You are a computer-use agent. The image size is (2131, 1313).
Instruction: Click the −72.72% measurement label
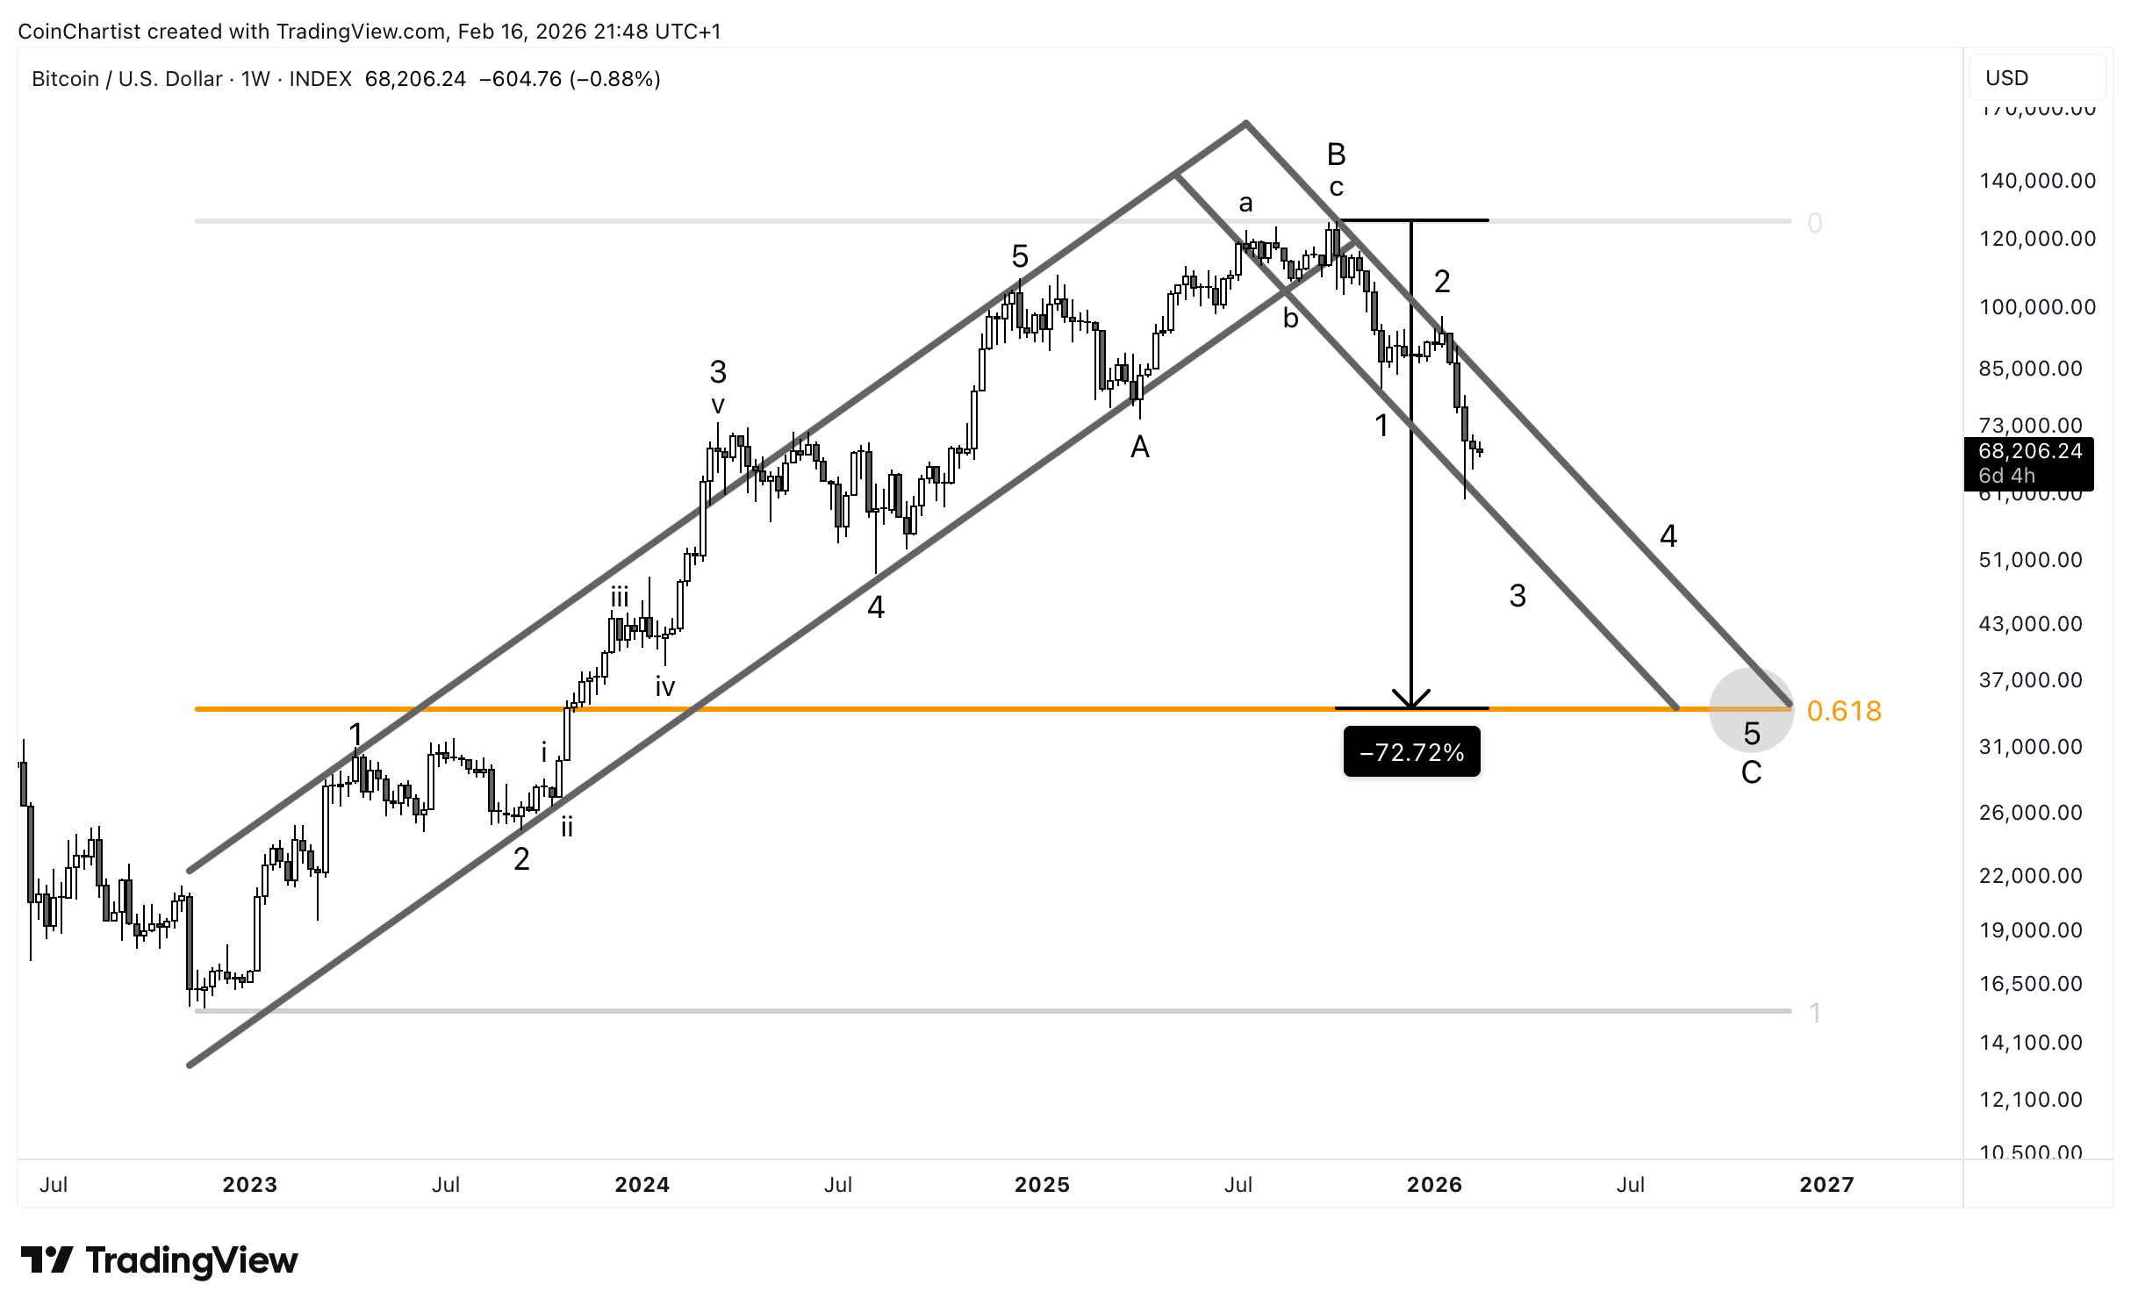click(x=1411, y=752)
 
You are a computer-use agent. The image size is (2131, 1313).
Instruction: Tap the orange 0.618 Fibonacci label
click(x=1844, y=711)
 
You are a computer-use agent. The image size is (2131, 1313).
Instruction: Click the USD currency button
click(x=2007, y=78)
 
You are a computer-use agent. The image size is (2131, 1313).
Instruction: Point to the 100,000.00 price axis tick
click(x=2037, y=307)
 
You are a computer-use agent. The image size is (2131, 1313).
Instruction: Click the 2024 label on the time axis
click(x=642, y=1185)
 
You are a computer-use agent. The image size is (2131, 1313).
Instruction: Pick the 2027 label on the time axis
click(x=1826, y=1185)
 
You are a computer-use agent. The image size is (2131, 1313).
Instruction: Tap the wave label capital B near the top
click(x=1336, y=154)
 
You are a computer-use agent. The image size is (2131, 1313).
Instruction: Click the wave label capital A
click(x=1139, y=448)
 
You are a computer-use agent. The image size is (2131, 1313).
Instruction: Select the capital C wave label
click(x=1751, y=773)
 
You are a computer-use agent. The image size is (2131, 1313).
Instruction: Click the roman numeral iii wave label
click(x=620, y=598)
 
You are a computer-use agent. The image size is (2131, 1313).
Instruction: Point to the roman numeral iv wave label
click(x=664, y=687)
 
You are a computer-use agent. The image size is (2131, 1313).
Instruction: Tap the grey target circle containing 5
click(x=1751, y=710)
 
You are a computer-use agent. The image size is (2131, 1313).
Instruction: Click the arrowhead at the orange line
click(x=1411, y=700)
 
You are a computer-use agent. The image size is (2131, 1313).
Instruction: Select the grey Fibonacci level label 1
click(x=1815, y=1013)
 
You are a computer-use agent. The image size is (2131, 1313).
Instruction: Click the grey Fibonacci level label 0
click(x=1815, y=223)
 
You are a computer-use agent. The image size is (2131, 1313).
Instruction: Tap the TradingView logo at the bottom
click(x=159, y=1260)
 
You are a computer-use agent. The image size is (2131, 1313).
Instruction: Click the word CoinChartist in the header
click(x=79, y=32)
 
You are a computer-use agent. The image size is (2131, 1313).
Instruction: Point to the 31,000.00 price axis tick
click(x=2030, y=747)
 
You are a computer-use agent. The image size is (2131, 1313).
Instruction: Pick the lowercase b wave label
click(x=1290, y=318)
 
